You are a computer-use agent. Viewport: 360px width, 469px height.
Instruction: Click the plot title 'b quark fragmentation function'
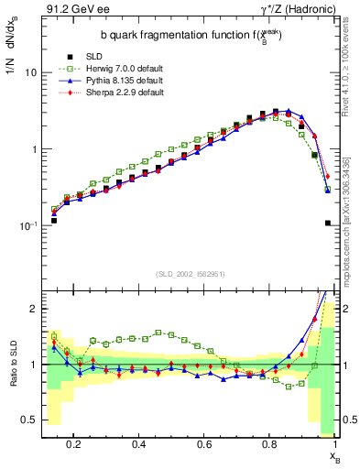point(173,36)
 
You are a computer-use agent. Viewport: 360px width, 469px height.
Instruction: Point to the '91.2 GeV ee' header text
point(71,10)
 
